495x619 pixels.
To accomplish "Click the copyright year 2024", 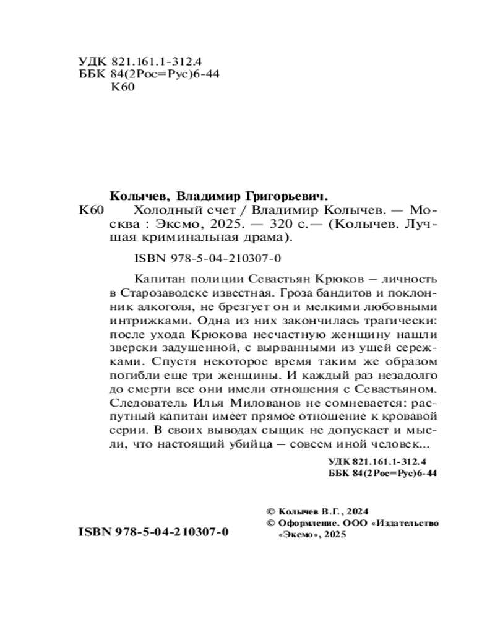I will (x=357, y=512).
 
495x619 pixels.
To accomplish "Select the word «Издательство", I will (x=406, y=523).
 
